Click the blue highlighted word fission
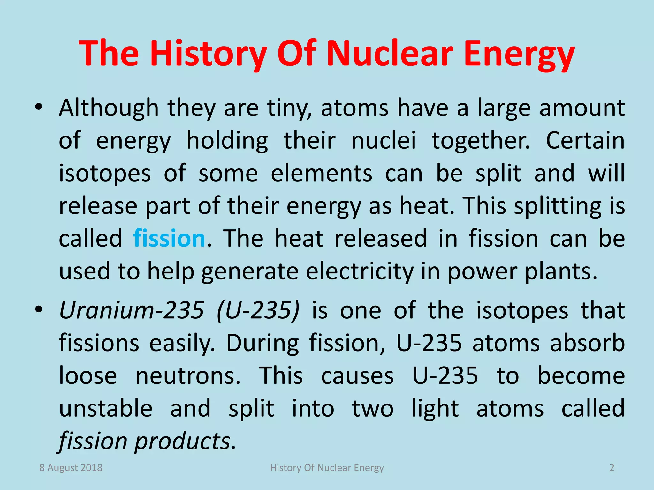click(x=169, y=238)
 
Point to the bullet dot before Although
click(x=39, y=107)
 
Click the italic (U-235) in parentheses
click(x=258, y=310)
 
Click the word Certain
click(x=585, y=141)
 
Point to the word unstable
click(x=106, y=408)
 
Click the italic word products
click(x=185, y=442)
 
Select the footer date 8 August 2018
click(x=71, y=468)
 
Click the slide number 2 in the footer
click(x=612, y=468)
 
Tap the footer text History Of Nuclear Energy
click(x=327, y=468)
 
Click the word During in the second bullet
click(x=262, y=343)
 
